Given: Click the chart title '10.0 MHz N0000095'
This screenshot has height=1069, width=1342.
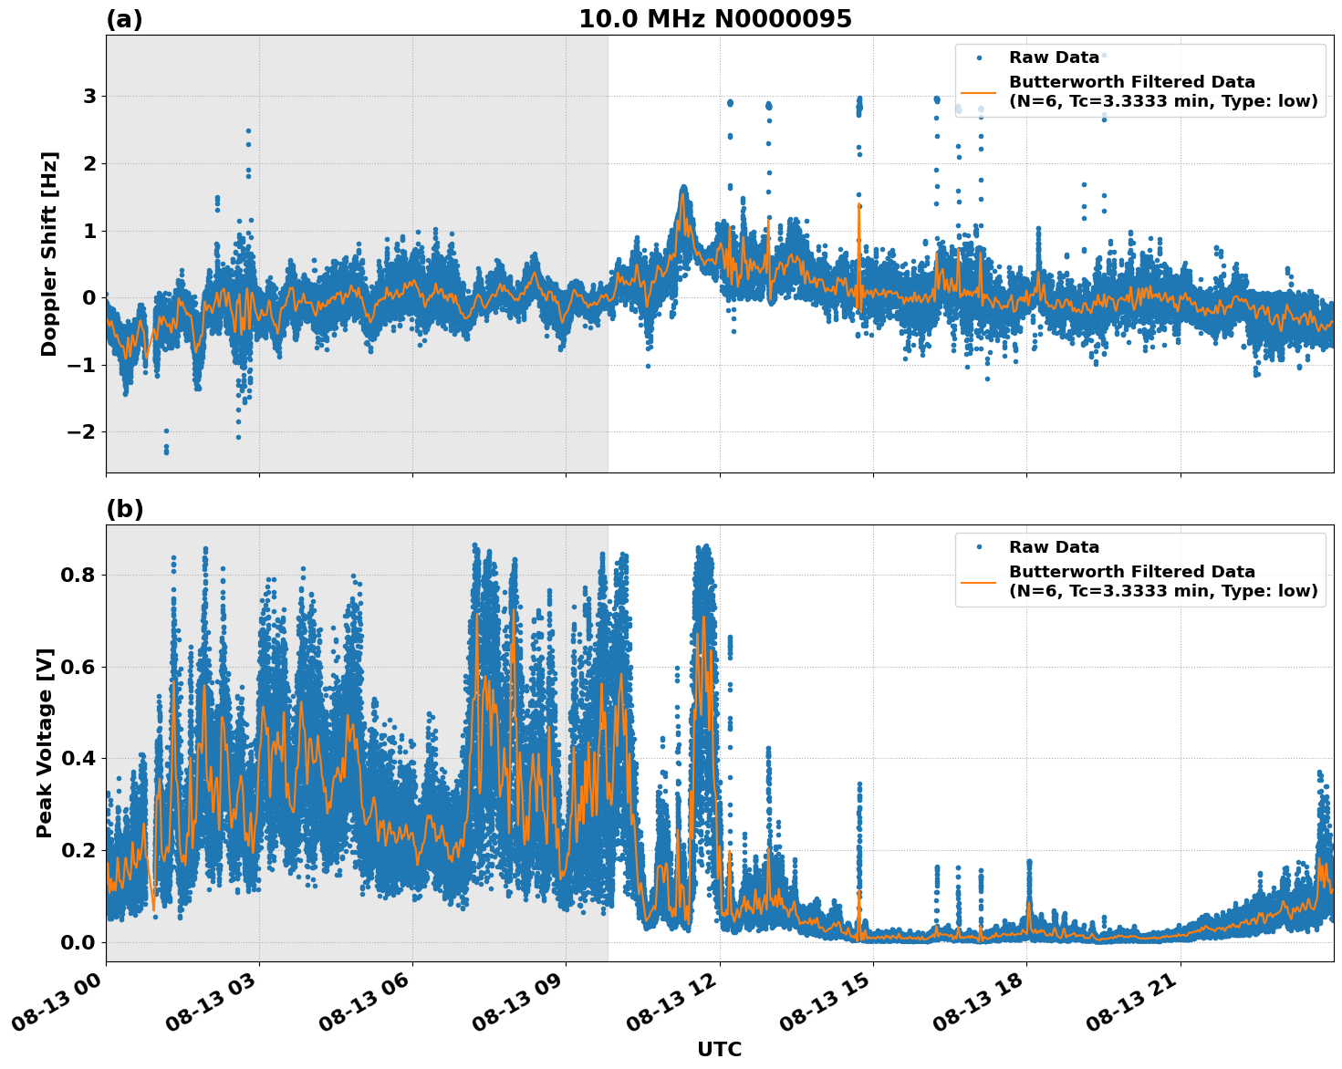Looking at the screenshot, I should (714, 19).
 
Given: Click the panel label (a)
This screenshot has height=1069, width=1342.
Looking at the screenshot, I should (124, 19).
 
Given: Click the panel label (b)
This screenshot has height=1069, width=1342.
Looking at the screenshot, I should (124, 509).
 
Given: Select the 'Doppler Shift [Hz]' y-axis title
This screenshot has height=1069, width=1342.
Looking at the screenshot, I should (49, 254).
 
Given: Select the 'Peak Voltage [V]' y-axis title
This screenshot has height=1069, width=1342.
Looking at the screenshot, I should (45, 742).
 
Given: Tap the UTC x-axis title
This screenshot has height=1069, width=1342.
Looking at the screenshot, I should (719, 1049).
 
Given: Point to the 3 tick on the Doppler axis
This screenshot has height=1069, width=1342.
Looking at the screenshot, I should (89, 97).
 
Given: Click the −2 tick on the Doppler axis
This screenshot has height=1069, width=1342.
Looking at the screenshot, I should (82, 431).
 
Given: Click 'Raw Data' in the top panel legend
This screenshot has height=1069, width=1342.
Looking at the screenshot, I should (1054, 58).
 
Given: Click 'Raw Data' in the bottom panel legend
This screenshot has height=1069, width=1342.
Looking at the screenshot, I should (1054, 547).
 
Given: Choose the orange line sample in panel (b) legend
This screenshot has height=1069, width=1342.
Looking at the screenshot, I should (979, 581).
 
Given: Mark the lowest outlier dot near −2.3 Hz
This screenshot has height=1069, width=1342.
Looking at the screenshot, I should (166, 451).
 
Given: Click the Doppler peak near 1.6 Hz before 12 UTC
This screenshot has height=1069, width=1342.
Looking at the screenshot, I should (683, 188).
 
